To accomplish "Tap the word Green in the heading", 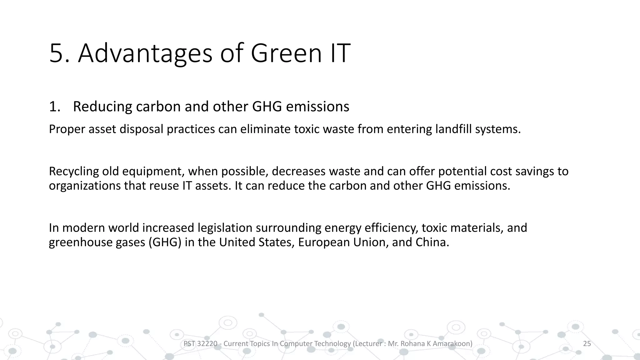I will point(286,53).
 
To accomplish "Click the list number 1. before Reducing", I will point(55,107).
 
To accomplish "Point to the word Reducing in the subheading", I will point(103,107).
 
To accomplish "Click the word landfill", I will point(453,129).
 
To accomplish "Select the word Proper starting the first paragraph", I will point(67,129).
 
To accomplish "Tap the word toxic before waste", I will point(307,129).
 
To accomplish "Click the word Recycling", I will point(74,171).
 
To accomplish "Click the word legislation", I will point(225,228).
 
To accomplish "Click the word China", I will point(432,242).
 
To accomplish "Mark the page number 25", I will point(587,344).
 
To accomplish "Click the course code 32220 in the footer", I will point(207,344).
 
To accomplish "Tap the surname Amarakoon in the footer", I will point(452,344).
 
